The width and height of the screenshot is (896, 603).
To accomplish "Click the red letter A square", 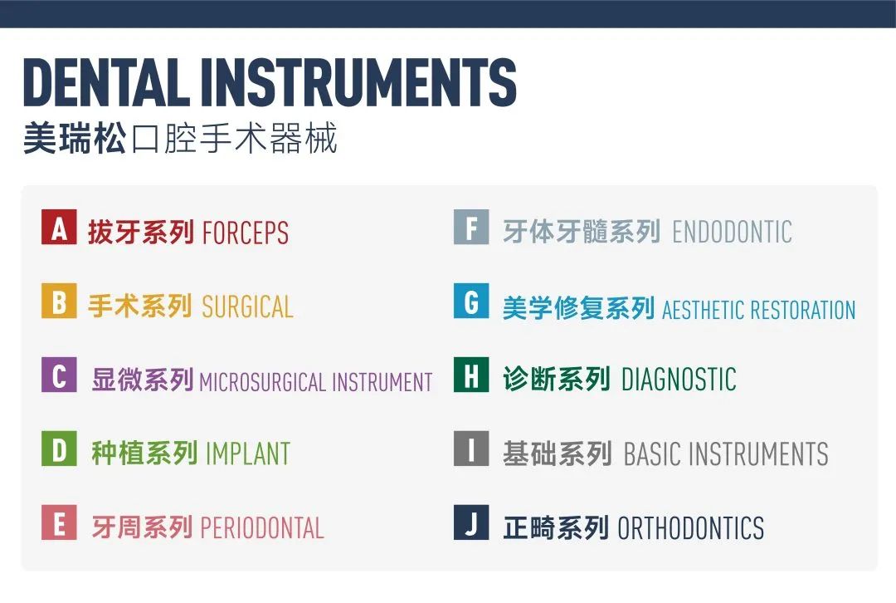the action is click(x=59, y=227).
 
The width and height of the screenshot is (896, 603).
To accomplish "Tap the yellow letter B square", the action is click(x=59, y=301).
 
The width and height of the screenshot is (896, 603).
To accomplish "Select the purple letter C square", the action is click(x=59, y=375).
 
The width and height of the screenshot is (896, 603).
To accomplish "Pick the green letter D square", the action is click(x=59, y=449).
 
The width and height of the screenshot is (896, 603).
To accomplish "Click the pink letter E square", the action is click(x=59, y=522).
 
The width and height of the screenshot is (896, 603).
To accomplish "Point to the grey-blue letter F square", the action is click(x=471, y=227).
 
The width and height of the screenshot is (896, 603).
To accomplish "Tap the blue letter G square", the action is click(x=471, y=301).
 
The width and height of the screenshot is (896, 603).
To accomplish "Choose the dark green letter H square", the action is click(x=471, y=375).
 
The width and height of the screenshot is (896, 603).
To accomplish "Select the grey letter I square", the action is click(x=471, y=449).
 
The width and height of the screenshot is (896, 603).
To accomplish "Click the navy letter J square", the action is click(x=471, y=522).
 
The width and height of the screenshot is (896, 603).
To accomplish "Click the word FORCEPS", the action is click(x=246, y=233).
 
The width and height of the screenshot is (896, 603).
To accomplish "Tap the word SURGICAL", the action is click(x=248, y=307).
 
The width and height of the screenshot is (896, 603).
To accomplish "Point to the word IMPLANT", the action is click(x=248, y=454).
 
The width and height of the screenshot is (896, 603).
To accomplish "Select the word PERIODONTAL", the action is click(x=262, y=528).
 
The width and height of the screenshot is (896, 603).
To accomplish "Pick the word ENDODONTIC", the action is click(x=732, y=233).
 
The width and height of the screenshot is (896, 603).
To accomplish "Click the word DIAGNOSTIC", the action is click(x=679, y=380).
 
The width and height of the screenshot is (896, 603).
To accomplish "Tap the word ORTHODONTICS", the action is click(x=691, y=528).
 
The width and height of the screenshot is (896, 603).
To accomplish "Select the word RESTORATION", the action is click(x=803, y=310).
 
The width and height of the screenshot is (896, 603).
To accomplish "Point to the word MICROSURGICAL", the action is click(x=263, y=382).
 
